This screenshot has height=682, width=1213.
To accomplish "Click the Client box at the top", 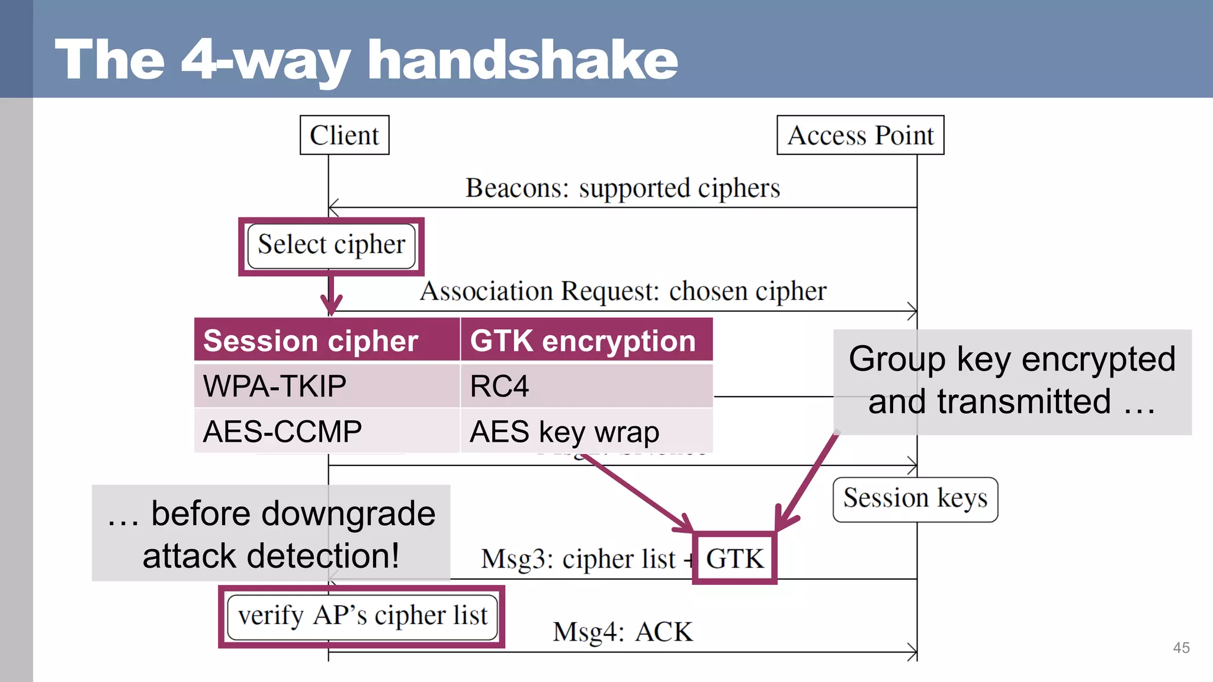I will point(344,135).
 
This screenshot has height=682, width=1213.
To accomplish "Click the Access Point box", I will point(860,135).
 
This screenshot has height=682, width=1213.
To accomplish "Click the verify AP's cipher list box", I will point(362,617).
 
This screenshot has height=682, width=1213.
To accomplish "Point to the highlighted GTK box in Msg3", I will point(734,558).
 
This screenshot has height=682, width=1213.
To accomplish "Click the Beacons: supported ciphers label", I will point(622,188).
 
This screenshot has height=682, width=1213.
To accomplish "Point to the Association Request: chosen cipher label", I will point(622,291).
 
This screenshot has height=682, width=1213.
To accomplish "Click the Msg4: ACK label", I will point(622,632).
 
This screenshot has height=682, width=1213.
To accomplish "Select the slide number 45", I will point(1181,648).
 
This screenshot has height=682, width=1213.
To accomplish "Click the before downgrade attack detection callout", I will point(271,533).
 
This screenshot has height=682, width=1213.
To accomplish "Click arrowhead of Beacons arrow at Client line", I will point(332,207).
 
